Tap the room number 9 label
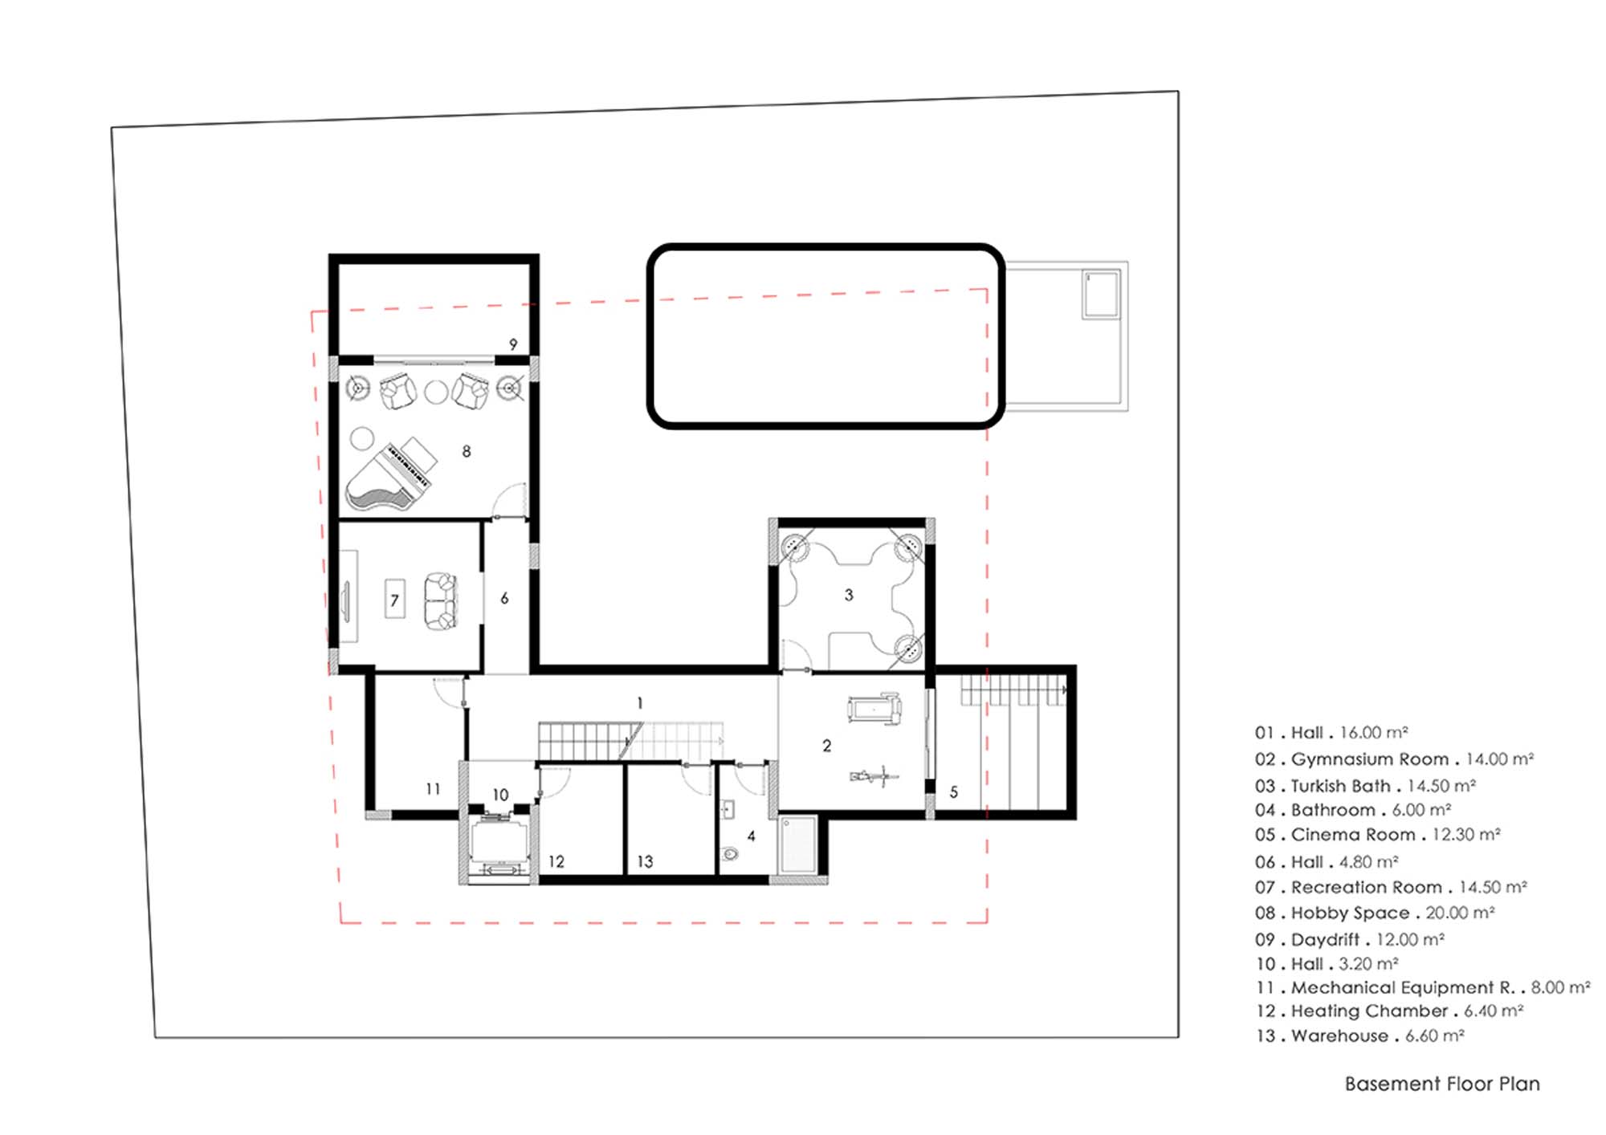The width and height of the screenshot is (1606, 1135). [x=513, y=344]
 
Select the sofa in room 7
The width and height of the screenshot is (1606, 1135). [x=440, y=601]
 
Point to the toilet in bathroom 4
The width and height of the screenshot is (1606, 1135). [x=730, y=853]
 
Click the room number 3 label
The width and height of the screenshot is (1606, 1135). [x=849, y=595]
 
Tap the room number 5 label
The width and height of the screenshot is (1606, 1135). [x=954, y=792]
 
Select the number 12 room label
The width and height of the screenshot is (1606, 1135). [x=556, y=861]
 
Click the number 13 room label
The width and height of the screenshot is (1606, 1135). [x=645, y=861]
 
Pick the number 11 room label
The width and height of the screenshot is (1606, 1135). [x=433, y=789]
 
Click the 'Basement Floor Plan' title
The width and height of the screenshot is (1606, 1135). [x=1442, y=1084]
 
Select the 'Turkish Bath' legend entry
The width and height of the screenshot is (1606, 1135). [x=1340, y=786]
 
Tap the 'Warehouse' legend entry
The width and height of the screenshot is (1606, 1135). [x=1339, y=1035]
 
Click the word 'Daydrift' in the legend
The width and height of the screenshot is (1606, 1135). [x=1325, y=939]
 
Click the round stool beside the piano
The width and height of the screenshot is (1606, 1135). [x=362, y=439]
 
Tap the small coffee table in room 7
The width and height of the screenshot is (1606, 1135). [x=394, y=599]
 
